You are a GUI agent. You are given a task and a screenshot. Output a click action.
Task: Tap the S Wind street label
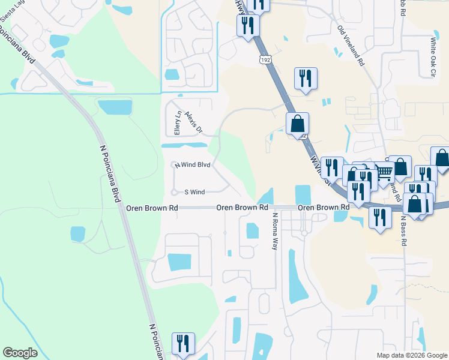pyautogui.click(x=194, y=192)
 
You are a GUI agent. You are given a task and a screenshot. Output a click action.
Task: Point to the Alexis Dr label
pyautogui.click(x=195, y=123)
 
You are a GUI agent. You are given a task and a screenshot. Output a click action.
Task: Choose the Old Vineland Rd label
pyautogui.click(x=351, y=46)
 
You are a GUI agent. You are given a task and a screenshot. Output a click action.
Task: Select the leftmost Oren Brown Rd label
pyautogui.click(x=152, y=208)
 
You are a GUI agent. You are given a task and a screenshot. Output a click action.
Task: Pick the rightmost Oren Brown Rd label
pyautogui.click(x=324, y=207)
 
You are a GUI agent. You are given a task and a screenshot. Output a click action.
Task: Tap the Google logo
pyautogui.click(x=20, y=353)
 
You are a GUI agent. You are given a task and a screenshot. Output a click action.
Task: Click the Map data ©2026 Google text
pyautogui.click(x=411, y=355)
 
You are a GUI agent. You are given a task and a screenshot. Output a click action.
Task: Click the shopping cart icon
pyautogui.click(x=384, y=172)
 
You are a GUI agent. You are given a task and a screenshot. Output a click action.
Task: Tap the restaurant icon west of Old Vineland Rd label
pyautogui.click(x=306, y=78)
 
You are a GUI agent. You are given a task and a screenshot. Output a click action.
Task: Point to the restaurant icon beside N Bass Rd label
pyautogui.click(x=380, y=217)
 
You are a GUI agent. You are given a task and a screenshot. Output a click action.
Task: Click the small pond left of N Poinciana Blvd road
pyautogui.click(x=78, y=234)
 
